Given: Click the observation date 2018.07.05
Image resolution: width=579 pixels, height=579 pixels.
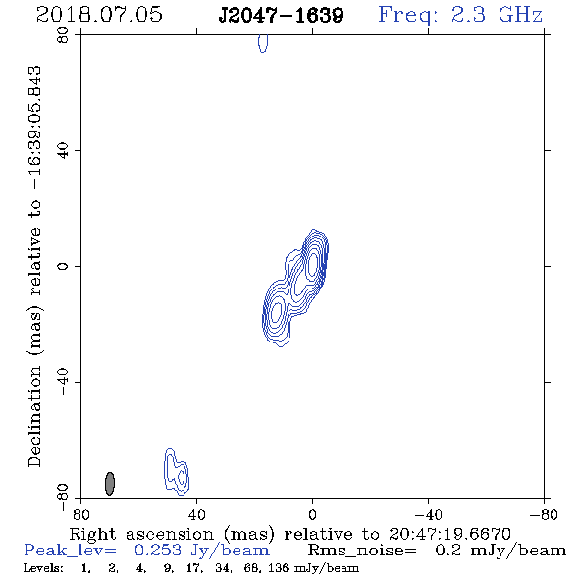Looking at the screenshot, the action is click(x=99, y=15).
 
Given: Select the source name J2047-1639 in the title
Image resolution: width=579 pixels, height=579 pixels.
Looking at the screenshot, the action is click(x=281, y=15).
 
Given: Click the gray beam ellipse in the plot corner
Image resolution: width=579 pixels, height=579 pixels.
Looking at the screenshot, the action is click(x=110, y=484).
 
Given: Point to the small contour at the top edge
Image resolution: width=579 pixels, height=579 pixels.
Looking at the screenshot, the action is click(x=263, y=43).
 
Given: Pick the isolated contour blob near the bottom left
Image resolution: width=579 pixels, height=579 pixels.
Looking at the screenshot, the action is click(x=177, y=472).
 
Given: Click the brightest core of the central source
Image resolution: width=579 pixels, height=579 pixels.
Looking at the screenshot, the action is click(x=312, y=263).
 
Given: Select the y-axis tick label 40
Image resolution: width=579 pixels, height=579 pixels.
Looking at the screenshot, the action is click(x=63, y=151).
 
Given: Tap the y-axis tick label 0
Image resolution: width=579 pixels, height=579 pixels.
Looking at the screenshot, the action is click(x=63, y=266).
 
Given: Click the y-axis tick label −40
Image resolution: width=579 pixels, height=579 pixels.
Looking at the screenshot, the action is click(x=63, y=382).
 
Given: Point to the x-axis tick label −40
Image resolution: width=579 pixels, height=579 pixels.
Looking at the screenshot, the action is click(x=428, y=514).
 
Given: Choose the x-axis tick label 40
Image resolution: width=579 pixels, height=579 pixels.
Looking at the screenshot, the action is click(x=196, y=514).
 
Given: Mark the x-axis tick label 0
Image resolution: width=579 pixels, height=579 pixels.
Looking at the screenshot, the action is click(x=312, y=514).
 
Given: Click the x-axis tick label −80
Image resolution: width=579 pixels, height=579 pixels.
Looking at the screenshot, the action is click(x=544, y=514).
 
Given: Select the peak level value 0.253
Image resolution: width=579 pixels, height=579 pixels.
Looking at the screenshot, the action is click(x=158, y=551).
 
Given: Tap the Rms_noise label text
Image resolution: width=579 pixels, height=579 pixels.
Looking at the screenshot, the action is click(x=362, y=551).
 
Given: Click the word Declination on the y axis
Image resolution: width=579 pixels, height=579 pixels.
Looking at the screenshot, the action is click(x=34, y=417).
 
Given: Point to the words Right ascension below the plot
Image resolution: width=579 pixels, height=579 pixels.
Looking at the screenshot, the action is click(x=141, y=534).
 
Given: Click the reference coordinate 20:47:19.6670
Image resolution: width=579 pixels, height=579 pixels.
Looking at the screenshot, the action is click(x=449, y=534).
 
